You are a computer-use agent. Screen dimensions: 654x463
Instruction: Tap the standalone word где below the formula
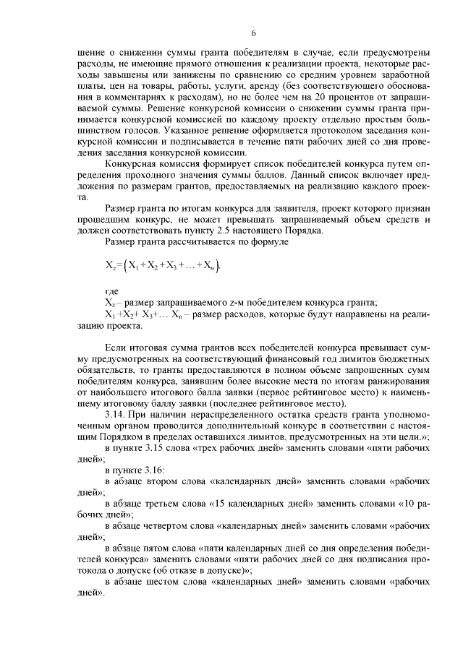(x=112, y=291)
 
